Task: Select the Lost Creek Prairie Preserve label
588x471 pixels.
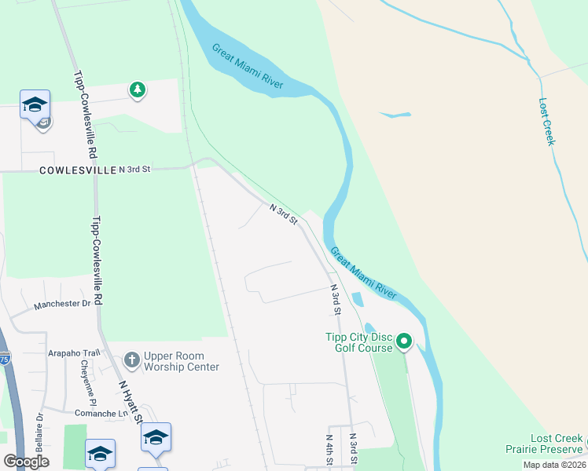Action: pyautogui.click(x=546, y=444)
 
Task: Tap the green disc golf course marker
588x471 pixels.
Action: pyautogui.click(x=404, y=341)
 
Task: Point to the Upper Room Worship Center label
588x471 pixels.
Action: pyautogui.click(x=181, y=361)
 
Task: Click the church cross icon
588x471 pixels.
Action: pyautogui.click(x=131, y=360)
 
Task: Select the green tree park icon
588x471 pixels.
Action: pyautogui.click(x=138, y=89)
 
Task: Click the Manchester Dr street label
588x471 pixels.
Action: pyautogui.click(x=64, y=304)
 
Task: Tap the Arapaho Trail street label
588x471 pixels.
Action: pyautogui.click(x=75, y=353)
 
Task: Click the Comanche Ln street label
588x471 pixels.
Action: pyautogui.click(x=101, y=413)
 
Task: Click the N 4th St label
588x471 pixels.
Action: pyautogui.click(x=329, y=450)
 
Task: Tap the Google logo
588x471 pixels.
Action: pyautogui.click(x=26, y=462)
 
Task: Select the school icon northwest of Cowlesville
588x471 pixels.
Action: pyautogui.click(x=35, y=105)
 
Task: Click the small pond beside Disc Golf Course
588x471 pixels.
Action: pyautogui.click(x=356, y=299)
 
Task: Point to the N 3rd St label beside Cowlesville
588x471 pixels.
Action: pyautogui.click(x=134, y=170)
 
